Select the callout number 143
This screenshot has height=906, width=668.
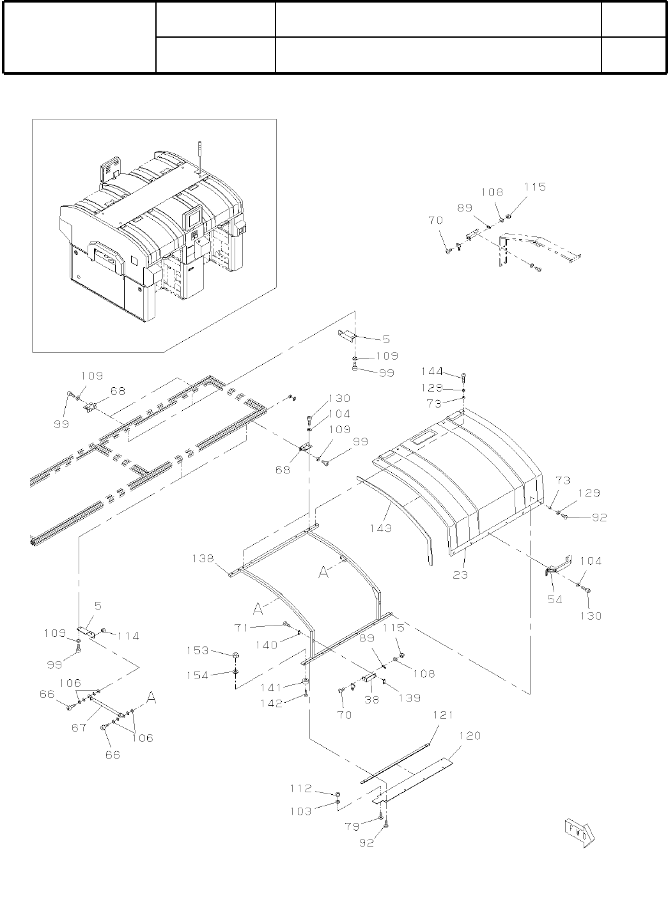tap(382, 528)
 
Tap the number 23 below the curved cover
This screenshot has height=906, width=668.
tap(461, 574)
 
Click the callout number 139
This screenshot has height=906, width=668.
tap(408, 698)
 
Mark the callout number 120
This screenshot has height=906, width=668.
tap(470, 735)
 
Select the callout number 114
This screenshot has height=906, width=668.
tap(127, 636)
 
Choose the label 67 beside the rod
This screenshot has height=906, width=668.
tap(78, 726)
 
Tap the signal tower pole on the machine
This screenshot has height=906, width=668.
tap(199, 157)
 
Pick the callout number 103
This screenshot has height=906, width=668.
tap(300, 811)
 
